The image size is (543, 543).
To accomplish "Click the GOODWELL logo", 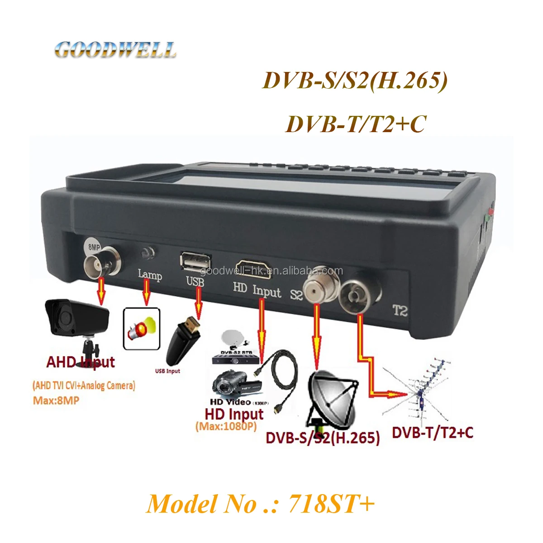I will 115,50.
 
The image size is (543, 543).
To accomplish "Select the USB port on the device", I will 195,262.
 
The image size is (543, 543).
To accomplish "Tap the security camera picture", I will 77,324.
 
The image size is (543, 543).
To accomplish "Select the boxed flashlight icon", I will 142,329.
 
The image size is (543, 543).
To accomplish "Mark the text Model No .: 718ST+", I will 261,503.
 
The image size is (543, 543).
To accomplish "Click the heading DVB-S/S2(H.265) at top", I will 355,81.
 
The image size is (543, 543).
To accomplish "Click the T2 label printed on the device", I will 400,311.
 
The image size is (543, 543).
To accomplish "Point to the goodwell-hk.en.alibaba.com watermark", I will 271,271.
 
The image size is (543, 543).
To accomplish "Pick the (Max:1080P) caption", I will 226,426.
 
